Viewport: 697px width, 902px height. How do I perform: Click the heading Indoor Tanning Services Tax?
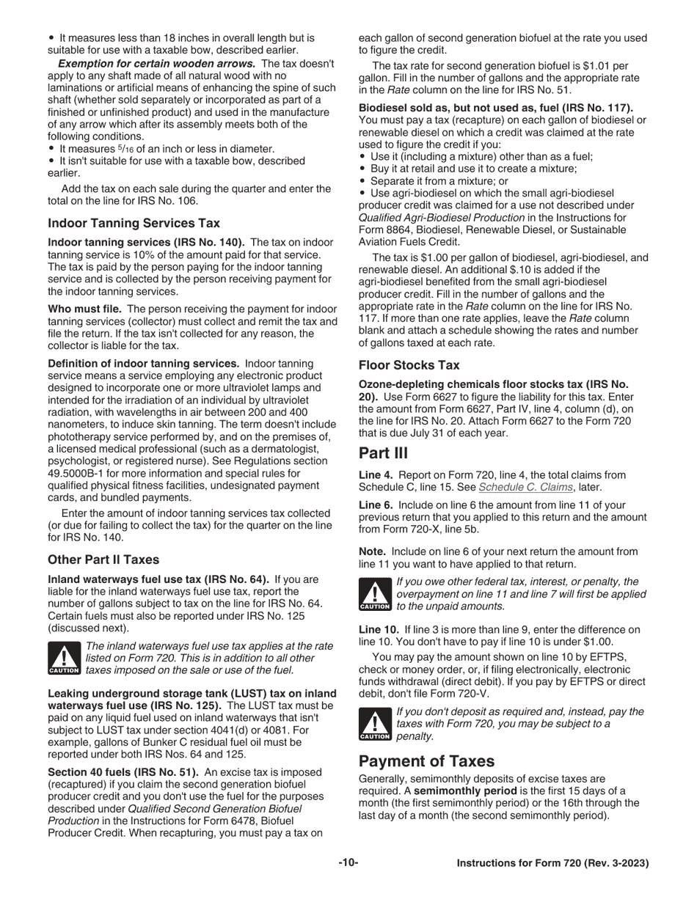point(134,223)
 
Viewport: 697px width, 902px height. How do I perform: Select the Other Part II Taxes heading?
point(103,560)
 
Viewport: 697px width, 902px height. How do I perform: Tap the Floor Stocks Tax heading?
point(409,364)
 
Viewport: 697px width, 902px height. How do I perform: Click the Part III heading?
point(383,452)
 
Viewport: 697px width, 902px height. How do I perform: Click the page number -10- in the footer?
point(348,863)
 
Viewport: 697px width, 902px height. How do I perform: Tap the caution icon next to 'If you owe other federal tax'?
point(374,595)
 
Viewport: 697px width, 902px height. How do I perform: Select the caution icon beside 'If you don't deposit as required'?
point(374,725)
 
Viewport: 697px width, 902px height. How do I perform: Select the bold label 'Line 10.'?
point(379,630)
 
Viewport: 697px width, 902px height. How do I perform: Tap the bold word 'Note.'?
point(373,551)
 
